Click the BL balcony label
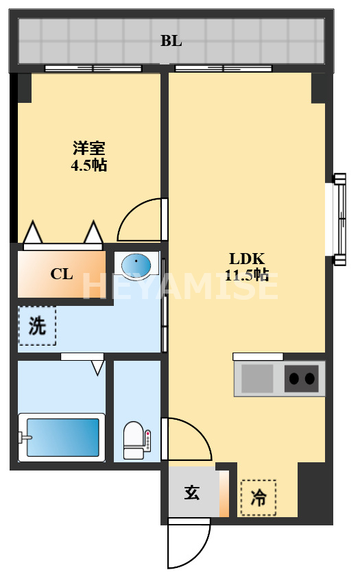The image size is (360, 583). click(x=171, y=41)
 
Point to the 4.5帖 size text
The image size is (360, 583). click(x=90, y=165)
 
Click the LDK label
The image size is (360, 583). click(x=247, y=259)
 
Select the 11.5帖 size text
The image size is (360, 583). click(x=247, y=275)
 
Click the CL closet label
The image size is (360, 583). click(x=62, y=274)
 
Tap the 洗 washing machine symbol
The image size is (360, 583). click(x=37, y=326)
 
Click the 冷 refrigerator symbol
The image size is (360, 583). click(x=259, y=497)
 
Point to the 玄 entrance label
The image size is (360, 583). click(x=191, y=492)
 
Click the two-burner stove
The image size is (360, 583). click(x=302, y=378)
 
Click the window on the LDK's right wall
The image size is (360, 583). click(x=338, y=219)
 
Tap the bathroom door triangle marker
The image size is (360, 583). click(x=97, y=368)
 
